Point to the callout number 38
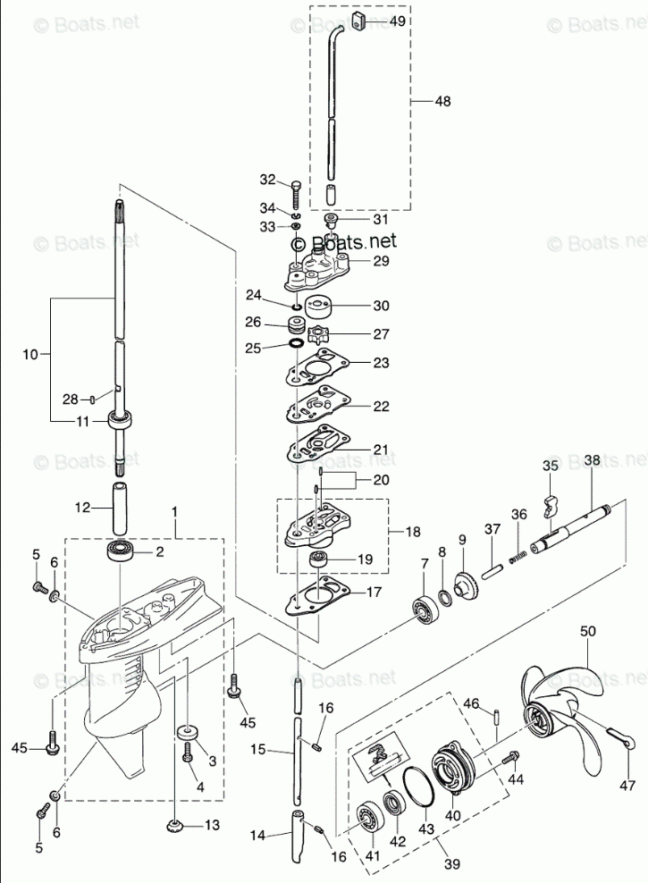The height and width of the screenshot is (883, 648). (x=593, y=461)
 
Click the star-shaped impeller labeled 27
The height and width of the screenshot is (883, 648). (x=318, y=337)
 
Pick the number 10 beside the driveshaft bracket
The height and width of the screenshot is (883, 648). (x=30, y=355)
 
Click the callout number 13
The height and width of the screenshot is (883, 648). (x=211, y=826)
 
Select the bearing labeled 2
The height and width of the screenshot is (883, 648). (x=120, y=551)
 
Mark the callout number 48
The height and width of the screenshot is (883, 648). (x=443, y=102)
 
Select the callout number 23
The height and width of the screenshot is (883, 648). (x=382, y=363)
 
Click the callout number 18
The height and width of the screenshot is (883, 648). (x=414, y=531)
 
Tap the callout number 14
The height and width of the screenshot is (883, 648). (x=257, y=837)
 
